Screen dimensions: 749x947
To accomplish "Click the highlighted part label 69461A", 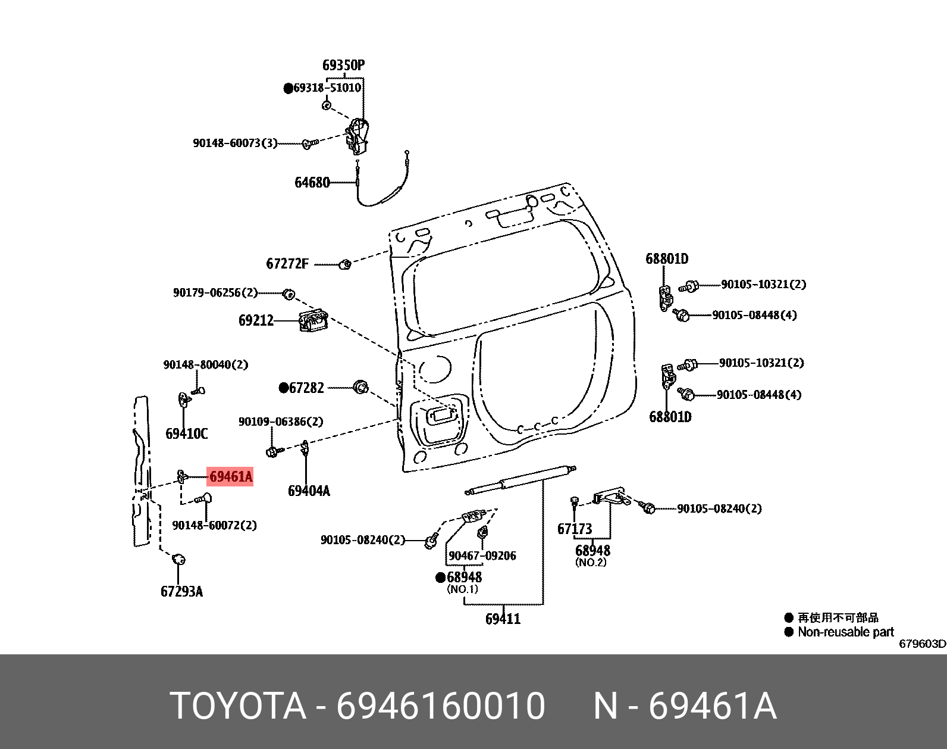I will pyautogui.click(x=230, y=476).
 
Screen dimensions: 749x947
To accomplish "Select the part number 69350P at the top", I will pyautogui.click(x=343, y=65).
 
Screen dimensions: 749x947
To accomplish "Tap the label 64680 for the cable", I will pyautogui.click(x=312, y=182).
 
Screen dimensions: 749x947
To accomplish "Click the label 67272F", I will pyautogui.click(x=287, y=264).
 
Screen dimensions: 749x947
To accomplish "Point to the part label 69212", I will pyautogui.click(x=256, y=320).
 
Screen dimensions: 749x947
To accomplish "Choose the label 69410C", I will pyautogui.click(x=186, y=433).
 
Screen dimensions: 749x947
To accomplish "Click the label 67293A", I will pyautogui.click(x=181, y=591).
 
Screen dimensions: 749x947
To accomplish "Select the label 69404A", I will pyautogui.click(x=308, y=491).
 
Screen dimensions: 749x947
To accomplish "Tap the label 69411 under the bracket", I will pyautogui.click(x=503, y=619).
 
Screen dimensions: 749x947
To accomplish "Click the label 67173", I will pyautogui.click(x=575, y=529).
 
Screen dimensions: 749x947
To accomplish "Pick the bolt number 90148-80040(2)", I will pyautogui.click(x=206, y=364).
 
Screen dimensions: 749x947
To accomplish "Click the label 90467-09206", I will pyautogui.click(x=482, y=555).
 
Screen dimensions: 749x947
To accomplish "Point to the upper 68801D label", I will pyautogui.click(x=667, y=258).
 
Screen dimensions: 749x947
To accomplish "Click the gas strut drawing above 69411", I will pyautogui.click(x=520, y=479).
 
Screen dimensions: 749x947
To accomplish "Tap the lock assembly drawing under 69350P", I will pyautogui.click(x=358, y=137).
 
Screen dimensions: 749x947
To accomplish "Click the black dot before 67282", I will pyautogui.click(x=284, y=388).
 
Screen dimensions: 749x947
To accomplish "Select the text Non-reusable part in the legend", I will pyautogui.click(x=845, y=632).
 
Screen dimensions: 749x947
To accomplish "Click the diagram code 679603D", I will pyautogui.click(x=921, y=644).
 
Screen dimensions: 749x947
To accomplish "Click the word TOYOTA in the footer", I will pyautogui.click(x=238, y=706).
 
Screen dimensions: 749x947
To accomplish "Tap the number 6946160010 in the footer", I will pyautogui.click(x=441, y=706).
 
